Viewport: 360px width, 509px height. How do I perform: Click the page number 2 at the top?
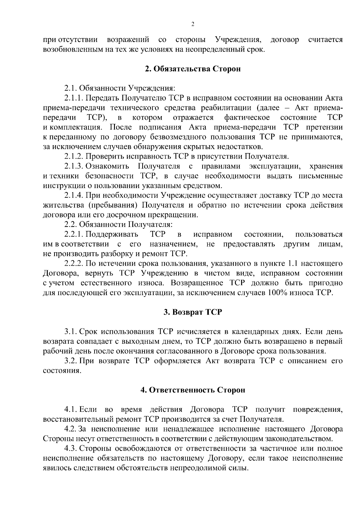click(193, 24)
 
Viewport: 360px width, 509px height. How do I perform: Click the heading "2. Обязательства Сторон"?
click(193, 69)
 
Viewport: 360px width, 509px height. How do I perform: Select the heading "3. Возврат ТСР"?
click(193, 312)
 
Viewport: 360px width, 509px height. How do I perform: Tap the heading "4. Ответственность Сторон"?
click(193, 390)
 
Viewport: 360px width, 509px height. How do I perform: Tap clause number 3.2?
click(71, 361)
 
